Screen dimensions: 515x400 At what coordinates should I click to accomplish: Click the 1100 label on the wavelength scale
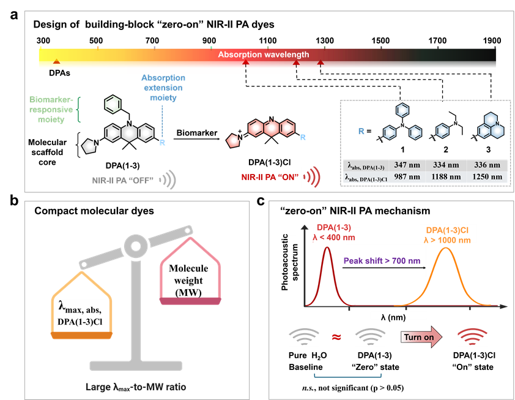pyautogui.click(x=268, y=41)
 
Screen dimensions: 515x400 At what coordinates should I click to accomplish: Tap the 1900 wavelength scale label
pyautogui.click(x=492, y=41)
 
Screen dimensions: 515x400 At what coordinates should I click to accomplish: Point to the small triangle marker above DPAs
pyautogui.click(x=56, y=61)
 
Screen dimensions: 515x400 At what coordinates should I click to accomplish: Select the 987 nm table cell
pyautogui.click(x=407, y=176)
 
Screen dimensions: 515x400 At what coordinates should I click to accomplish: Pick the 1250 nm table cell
pyautogui.click(x=487, y=176)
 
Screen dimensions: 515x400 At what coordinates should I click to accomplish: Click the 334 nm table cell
pyautogui.click(x=445, y=165)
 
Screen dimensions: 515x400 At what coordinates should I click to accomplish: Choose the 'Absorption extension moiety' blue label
pyautogui.click(x=163, y=88)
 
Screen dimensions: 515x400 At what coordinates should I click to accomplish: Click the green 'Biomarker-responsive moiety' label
pyautogui.click(x=51, y=110)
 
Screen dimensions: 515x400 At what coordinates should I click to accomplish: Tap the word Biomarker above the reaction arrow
pyautogui.click(x=197, y=133)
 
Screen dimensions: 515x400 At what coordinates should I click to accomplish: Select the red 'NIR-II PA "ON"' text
pyautogui.click(x=270, y=177)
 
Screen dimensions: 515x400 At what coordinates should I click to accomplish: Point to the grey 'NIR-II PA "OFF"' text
pyautogui.click(x=122, y=180)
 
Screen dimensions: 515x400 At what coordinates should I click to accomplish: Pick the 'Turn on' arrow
pyautogui.click(x=421, y=337)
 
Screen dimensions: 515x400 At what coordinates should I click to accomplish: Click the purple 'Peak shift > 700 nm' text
pyautogui.click(x=382, y=261)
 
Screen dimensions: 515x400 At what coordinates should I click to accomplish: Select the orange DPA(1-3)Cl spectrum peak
pyautogui.click(x=445, y=247)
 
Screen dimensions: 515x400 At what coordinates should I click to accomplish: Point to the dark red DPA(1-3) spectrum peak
pyautogui.click(x=327, y=247)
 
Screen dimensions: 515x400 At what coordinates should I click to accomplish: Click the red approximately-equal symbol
pyautogui.click(x=336, y=337)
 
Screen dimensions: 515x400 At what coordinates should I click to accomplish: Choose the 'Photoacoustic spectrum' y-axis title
pyautogui.click(x=290, y=262)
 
